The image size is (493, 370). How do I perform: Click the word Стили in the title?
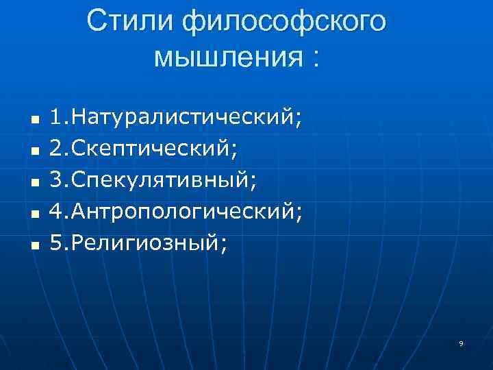[x=129, y=23]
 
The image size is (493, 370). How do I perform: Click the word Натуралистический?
[x=184, y=117]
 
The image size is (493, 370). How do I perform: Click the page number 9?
[x=462, y=343]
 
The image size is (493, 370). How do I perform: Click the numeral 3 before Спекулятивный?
[x=56, y=180]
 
